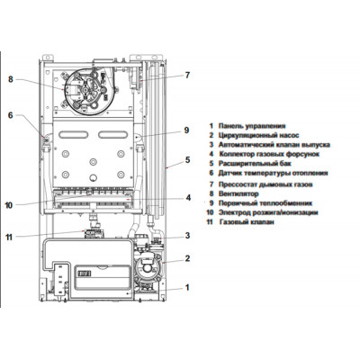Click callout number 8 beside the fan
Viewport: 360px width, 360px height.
click(x=11, y=79)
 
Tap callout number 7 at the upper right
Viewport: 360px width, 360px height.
click(x=187, y=75)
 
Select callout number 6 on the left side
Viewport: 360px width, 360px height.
click(x=11, y=115)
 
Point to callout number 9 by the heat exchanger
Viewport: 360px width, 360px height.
click(x=186, y=130)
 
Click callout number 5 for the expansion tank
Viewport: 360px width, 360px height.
click(x=187, y=160)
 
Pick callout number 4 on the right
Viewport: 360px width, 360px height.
click(x=188, y=198)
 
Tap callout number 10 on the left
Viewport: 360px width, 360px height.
click(x=9, y=205)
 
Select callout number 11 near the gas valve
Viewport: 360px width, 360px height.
click(x=9, y=237)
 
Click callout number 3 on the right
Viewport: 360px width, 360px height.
click(x=187, y=236)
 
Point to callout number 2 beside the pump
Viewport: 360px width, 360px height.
click(x=187, y=258)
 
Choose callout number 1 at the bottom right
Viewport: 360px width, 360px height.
click(x=187, y=287)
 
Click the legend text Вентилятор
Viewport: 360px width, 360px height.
click(x=238, y=193)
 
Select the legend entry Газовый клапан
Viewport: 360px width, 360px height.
click(x=247, y=222)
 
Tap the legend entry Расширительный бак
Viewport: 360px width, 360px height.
click(x=255, y=164)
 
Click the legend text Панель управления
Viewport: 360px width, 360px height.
click(x=252, y=126)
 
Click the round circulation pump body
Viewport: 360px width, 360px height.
click(x=147, y=267)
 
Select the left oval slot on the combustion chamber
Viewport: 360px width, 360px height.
click(x=74, y=135)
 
